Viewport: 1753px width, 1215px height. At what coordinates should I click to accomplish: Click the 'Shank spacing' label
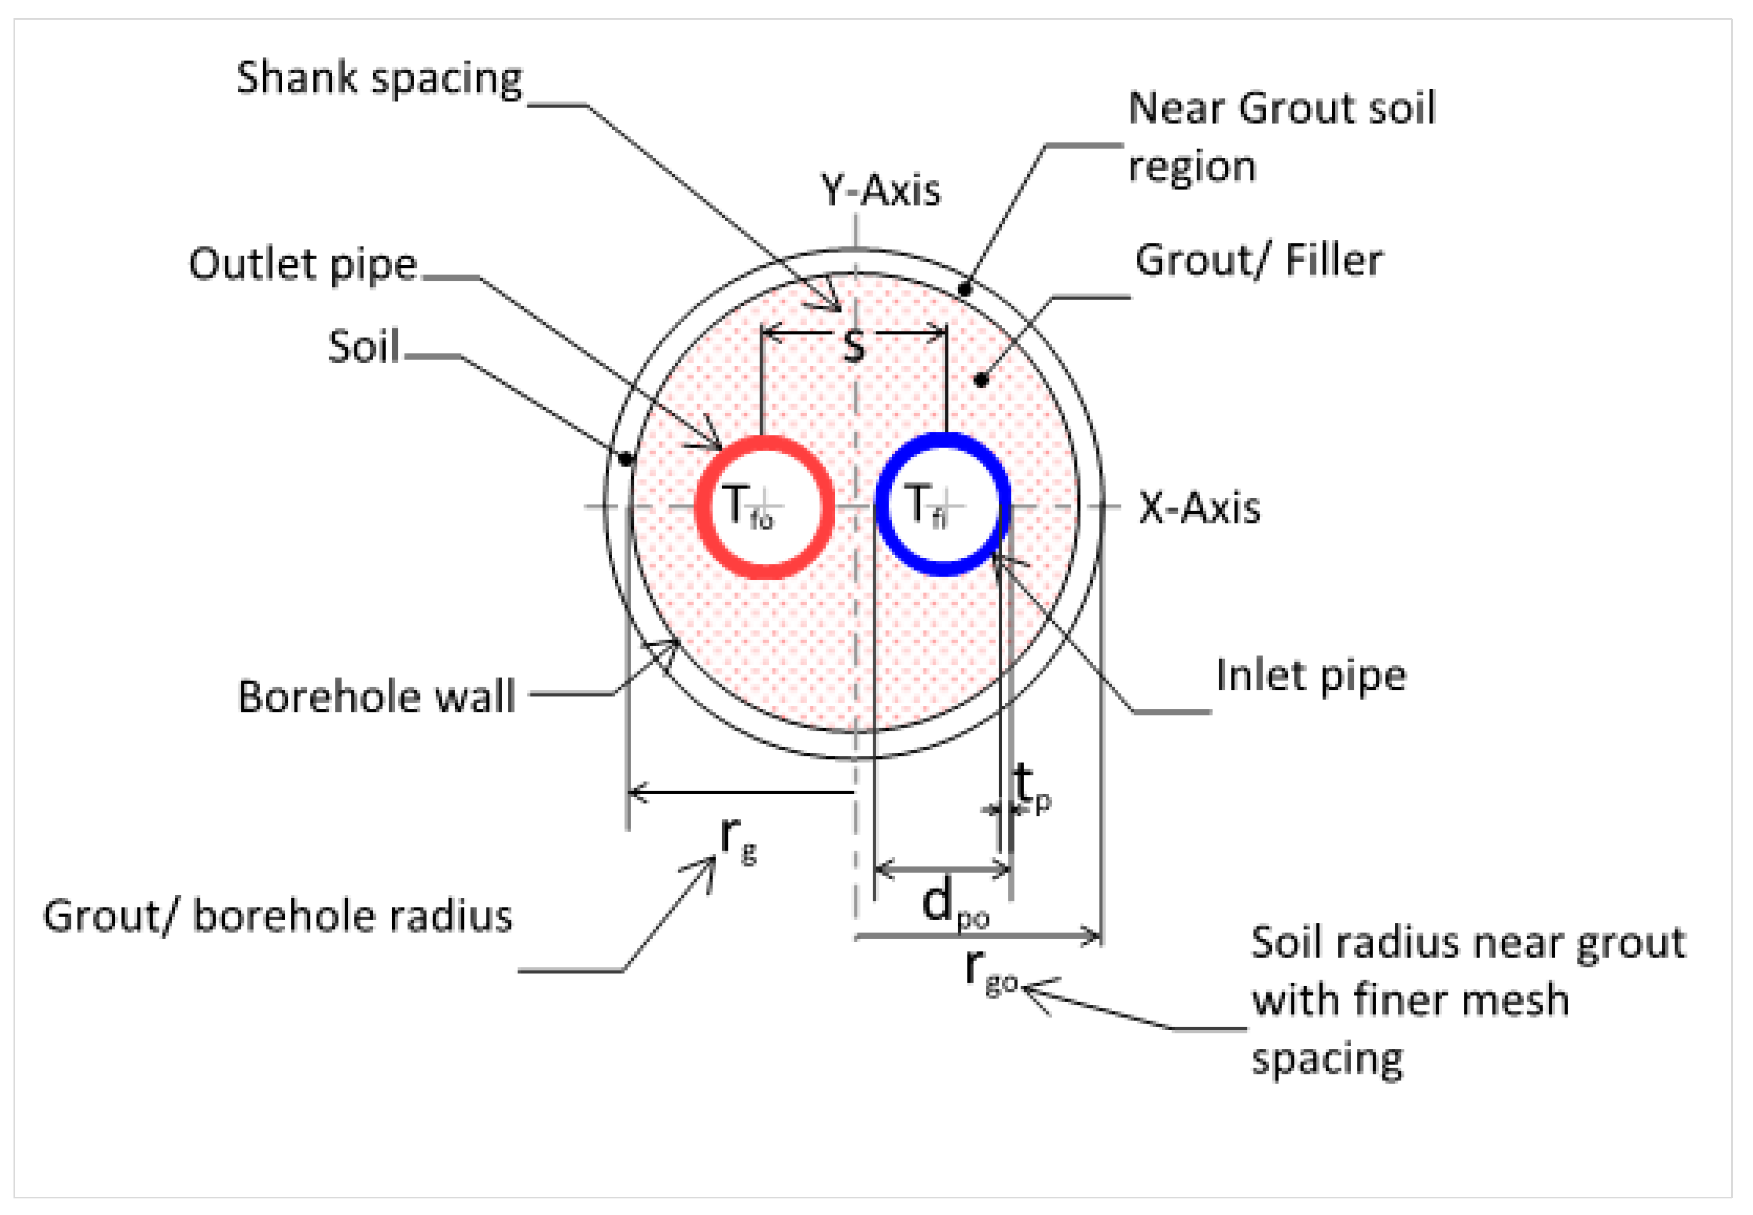[x=379, y=78]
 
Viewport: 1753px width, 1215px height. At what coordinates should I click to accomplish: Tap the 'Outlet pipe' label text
[x=303, y=265]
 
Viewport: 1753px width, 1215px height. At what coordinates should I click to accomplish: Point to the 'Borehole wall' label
[x=377, y=697]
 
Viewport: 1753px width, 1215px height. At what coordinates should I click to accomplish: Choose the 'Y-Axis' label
[x=880, y=190]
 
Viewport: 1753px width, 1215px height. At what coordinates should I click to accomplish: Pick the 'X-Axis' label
[x=1199, y=508]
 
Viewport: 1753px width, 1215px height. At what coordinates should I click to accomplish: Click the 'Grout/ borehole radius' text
[x=278, y=916]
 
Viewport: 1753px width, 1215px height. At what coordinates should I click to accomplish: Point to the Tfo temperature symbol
[x=746, y=507]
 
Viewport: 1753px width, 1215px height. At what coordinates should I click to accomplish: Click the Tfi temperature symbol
[x=928, y=506]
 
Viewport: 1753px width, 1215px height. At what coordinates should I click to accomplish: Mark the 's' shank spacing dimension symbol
[x=854, y=346]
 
